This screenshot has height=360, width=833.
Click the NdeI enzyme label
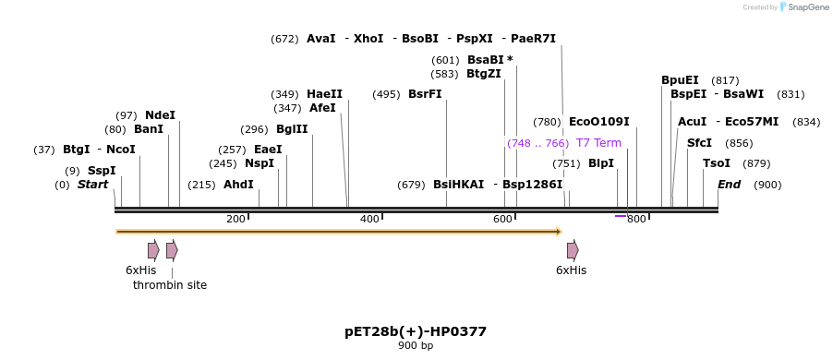pyautogui.click(x=160, y=115)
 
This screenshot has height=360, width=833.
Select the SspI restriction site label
pyautogui.click(x=102, y=171)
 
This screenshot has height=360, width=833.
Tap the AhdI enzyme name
pyautogui.click(x=238, y=185)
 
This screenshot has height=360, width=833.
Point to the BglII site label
pyautogui.click(x=292, y=129)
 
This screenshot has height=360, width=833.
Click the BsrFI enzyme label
pyautogui.click(x=425, y=94)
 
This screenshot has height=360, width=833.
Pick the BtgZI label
pyautogui.click(x=484, y=74)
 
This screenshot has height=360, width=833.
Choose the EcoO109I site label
pyautogui.click(x=599, y=122)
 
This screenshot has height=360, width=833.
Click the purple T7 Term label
pyautogui.click(x=598, y=143)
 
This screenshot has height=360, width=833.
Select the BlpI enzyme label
pyautogui.click(x=601, y=163)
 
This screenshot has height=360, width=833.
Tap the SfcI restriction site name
pyautogui.click(x=699, y=143)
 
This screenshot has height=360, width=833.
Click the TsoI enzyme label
pyautogui.click(x=717, y=163)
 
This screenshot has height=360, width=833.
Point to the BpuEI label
pyautogui.click(x=680, y=80)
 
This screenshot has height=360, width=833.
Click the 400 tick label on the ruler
pyautogui.click(x=369, y=219)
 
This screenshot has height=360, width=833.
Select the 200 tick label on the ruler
pyautogui.click(x=235, y=219)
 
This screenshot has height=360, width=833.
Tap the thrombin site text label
pyautogui.click(x=170, y=285)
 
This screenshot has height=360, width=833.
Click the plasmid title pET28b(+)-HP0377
pyautogui.click(x=416, y=331)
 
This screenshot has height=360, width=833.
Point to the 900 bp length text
pyautogui.click(x=416, y=346)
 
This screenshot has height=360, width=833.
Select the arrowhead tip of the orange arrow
pyautogui.click(x=560, y=232)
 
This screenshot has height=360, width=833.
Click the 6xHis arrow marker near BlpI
pyautogui.click(x=573, y=250)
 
